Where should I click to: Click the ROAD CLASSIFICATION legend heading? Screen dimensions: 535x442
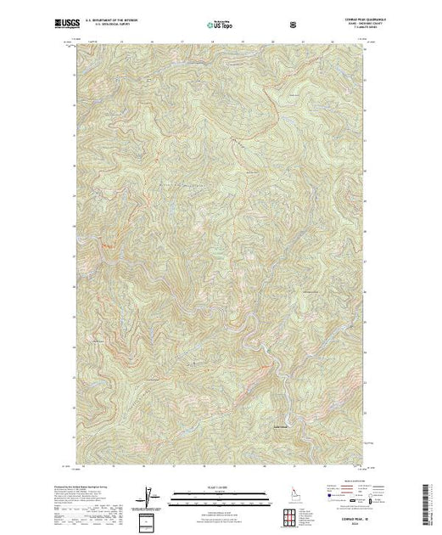tap(344, 481)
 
